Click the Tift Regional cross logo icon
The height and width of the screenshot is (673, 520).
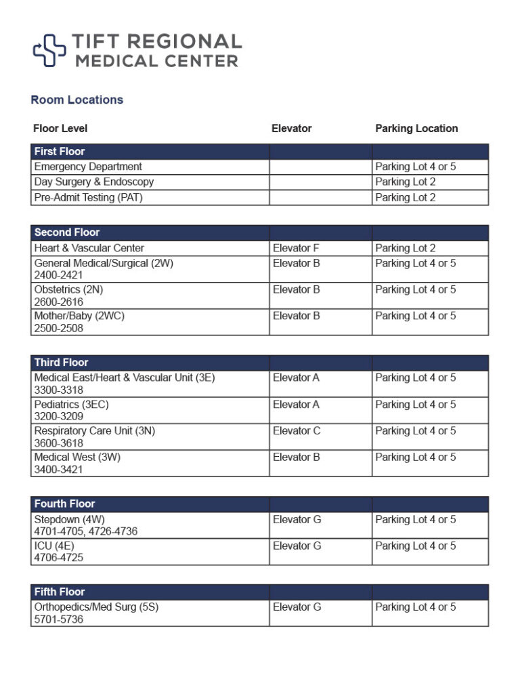[x=49, y=50]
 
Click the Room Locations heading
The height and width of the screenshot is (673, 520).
[x=77, y=100]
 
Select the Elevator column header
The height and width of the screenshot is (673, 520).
[x=291, y=128]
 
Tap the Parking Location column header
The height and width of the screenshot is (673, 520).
[x=416, y=128]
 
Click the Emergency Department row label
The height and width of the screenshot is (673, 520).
[x=88, y=167]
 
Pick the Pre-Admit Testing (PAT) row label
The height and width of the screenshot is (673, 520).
[x=89, y=198]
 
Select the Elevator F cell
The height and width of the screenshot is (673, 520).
[x=296, y=248]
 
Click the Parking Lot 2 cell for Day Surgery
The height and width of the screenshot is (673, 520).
[x=406, y=182]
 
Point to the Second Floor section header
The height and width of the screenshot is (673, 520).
[x=67, y=232]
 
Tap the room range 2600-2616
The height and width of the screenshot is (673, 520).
[x=59, y=302]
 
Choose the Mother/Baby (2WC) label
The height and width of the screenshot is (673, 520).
[x=79, y=316]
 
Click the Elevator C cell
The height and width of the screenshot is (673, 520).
[x=297, y=431]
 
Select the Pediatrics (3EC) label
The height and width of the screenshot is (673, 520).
[x=71, y=405]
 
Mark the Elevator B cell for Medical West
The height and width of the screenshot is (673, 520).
[x=296, y=457]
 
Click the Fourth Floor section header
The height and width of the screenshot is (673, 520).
[x=65, y=504]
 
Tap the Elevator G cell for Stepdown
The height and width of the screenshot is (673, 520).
[x=297, y=520]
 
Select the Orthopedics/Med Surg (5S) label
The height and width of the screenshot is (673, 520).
[x=96, y=607]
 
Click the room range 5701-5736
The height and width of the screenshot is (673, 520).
[x=59, y=619]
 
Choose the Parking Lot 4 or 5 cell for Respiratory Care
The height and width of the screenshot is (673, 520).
[x=416, y=431]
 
